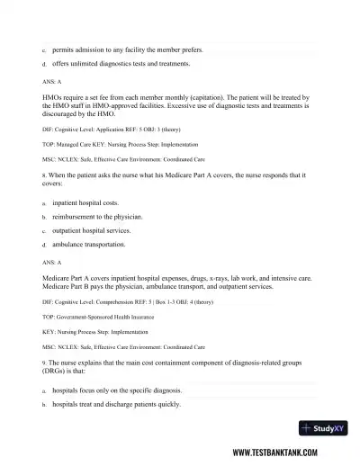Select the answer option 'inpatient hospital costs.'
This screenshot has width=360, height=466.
point(85,203)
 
